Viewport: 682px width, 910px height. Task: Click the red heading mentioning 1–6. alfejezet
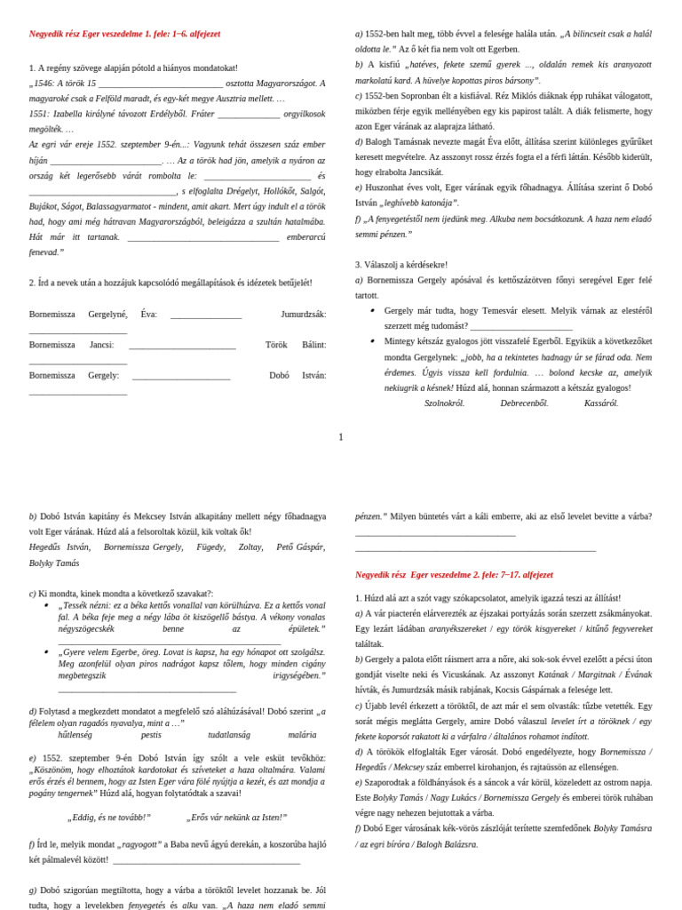coord(124,34)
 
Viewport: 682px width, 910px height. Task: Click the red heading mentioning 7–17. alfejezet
coord(454,574)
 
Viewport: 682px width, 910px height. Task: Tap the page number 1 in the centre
coord(340,437)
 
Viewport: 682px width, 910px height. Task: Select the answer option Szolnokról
coord(444,403)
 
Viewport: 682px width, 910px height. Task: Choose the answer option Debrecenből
coord(524,403)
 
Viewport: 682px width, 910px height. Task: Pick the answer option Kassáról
coord(600,403)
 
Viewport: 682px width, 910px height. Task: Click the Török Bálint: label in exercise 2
coord(296,345)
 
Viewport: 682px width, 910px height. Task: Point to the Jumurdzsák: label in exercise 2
coord(303,314)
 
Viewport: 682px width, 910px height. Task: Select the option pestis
coord(151,735)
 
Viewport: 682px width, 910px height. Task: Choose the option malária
coord(302,735)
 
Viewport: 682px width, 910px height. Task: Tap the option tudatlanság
coord(228,735)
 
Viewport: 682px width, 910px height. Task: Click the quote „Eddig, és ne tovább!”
coord(109,817)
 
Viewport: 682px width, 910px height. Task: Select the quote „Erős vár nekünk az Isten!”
coord(236,817)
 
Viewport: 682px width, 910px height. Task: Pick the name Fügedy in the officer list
coord(210,547)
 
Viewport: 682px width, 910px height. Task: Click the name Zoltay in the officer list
coord(250,547)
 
